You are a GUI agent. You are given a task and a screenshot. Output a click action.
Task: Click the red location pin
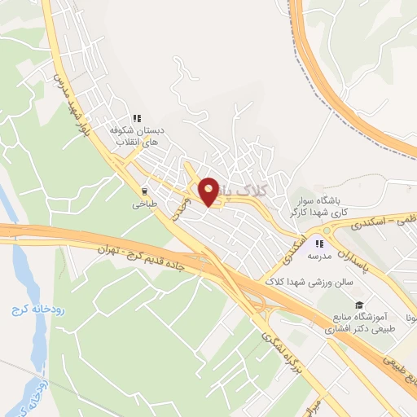pyautogui.click(x=209, y=191)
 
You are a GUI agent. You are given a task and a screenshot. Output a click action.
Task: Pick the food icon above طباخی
pyautogui.click(x=145, y=192)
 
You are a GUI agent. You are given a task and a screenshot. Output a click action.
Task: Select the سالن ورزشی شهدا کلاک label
pyautogui.click(x=305, y=282)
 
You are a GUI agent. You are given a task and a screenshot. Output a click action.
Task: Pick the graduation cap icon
pyautogui.click(x=359, y=304)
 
